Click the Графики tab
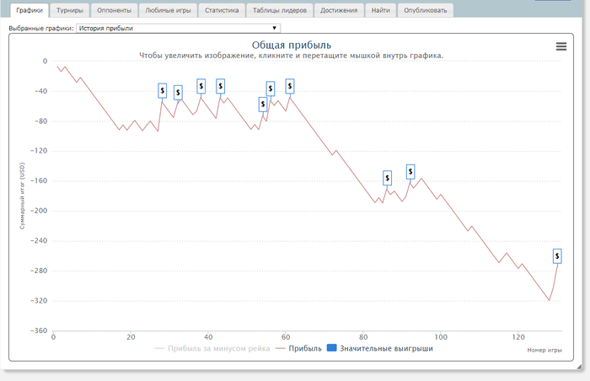point(29,11)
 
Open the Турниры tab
point(70,11)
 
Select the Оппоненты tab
point(114,11)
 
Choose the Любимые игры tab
point(169,11)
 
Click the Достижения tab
point(339,11)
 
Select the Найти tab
point(380,11)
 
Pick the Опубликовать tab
point(426,11)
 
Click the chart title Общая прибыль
point(292,45)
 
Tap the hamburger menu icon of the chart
point(561,46)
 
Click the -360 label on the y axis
point(36,331)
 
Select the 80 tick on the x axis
point(363,338)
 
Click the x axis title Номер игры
point(544,350)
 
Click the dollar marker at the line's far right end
point(557,255)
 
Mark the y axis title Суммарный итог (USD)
point(23,196)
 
